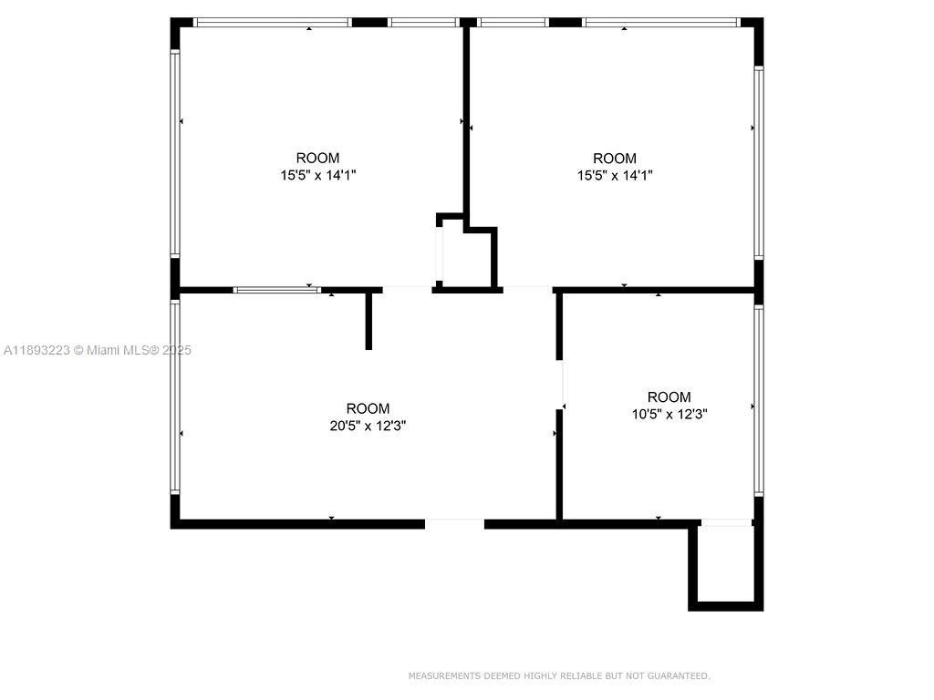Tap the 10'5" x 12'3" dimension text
click(x=669, y=413)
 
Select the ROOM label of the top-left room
click(x=317, y=158)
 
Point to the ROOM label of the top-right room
click(x=615, y=158)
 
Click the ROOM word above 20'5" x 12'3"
click(x=368, y=408)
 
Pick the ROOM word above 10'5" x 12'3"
click(x=669, y=396)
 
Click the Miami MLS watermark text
click(x=97, y=350)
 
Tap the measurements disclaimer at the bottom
click(x=558, y=675)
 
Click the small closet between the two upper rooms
click(x=468, y=257)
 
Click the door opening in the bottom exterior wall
click(x=454, y=523)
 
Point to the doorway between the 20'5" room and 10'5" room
click(x=560, y=383)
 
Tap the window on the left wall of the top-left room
click(x=175, y=153)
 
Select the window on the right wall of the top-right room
click(x=758, y=162)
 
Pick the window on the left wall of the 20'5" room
click(x=175, y=397)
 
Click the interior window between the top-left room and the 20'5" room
click(x=276, y=290)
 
